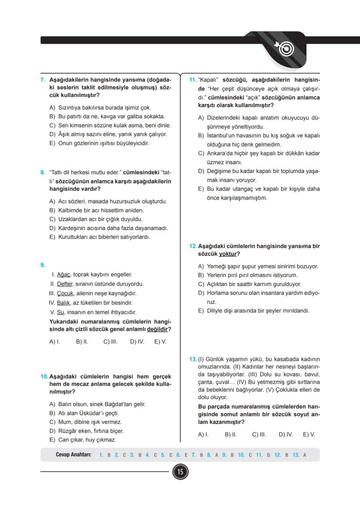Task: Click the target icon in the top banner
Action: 285,49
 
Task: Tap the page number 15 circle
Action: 180,471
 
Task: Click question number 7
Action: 43,80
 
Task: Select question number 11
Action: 193,80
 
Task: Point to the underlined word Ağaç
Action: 64,275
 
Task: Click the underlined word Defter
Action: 65,284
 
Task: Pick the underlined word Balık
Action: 63,303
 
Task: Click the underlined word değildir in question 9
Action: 157,329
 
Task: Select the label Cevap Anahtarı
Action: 73,455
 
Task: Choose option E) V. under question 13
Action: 309,434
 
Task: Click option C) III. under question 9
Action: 110,342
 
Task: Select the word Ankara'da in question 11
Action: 220,153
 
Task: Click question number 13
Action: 193,359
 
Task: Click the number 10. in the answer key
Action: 241,455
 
